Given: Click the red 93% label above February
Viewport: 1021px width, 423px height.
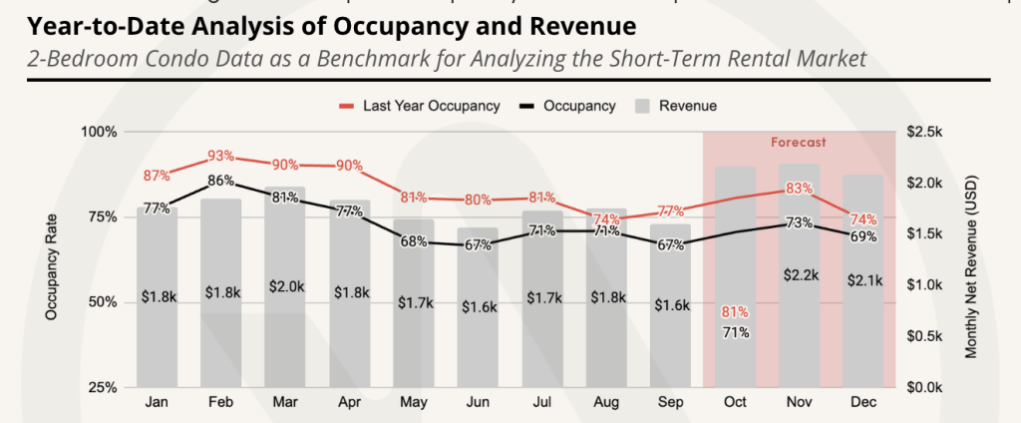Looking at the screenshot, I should [221, 156].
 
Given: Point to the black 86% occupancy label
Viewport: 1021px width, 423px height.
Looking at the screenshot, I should [221, 181].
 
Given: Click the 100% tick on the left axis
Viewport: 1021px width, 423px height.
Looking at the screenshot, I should [100, 132].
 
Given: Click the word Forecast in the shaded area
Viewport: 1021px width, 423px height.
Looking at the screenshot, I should [799, 143].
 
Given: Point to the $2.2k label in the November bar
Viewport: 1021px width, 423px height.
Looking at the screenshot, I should [799, 274].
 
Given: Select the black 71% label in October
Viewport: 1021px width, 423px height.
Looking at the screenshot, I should [735, 332].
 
